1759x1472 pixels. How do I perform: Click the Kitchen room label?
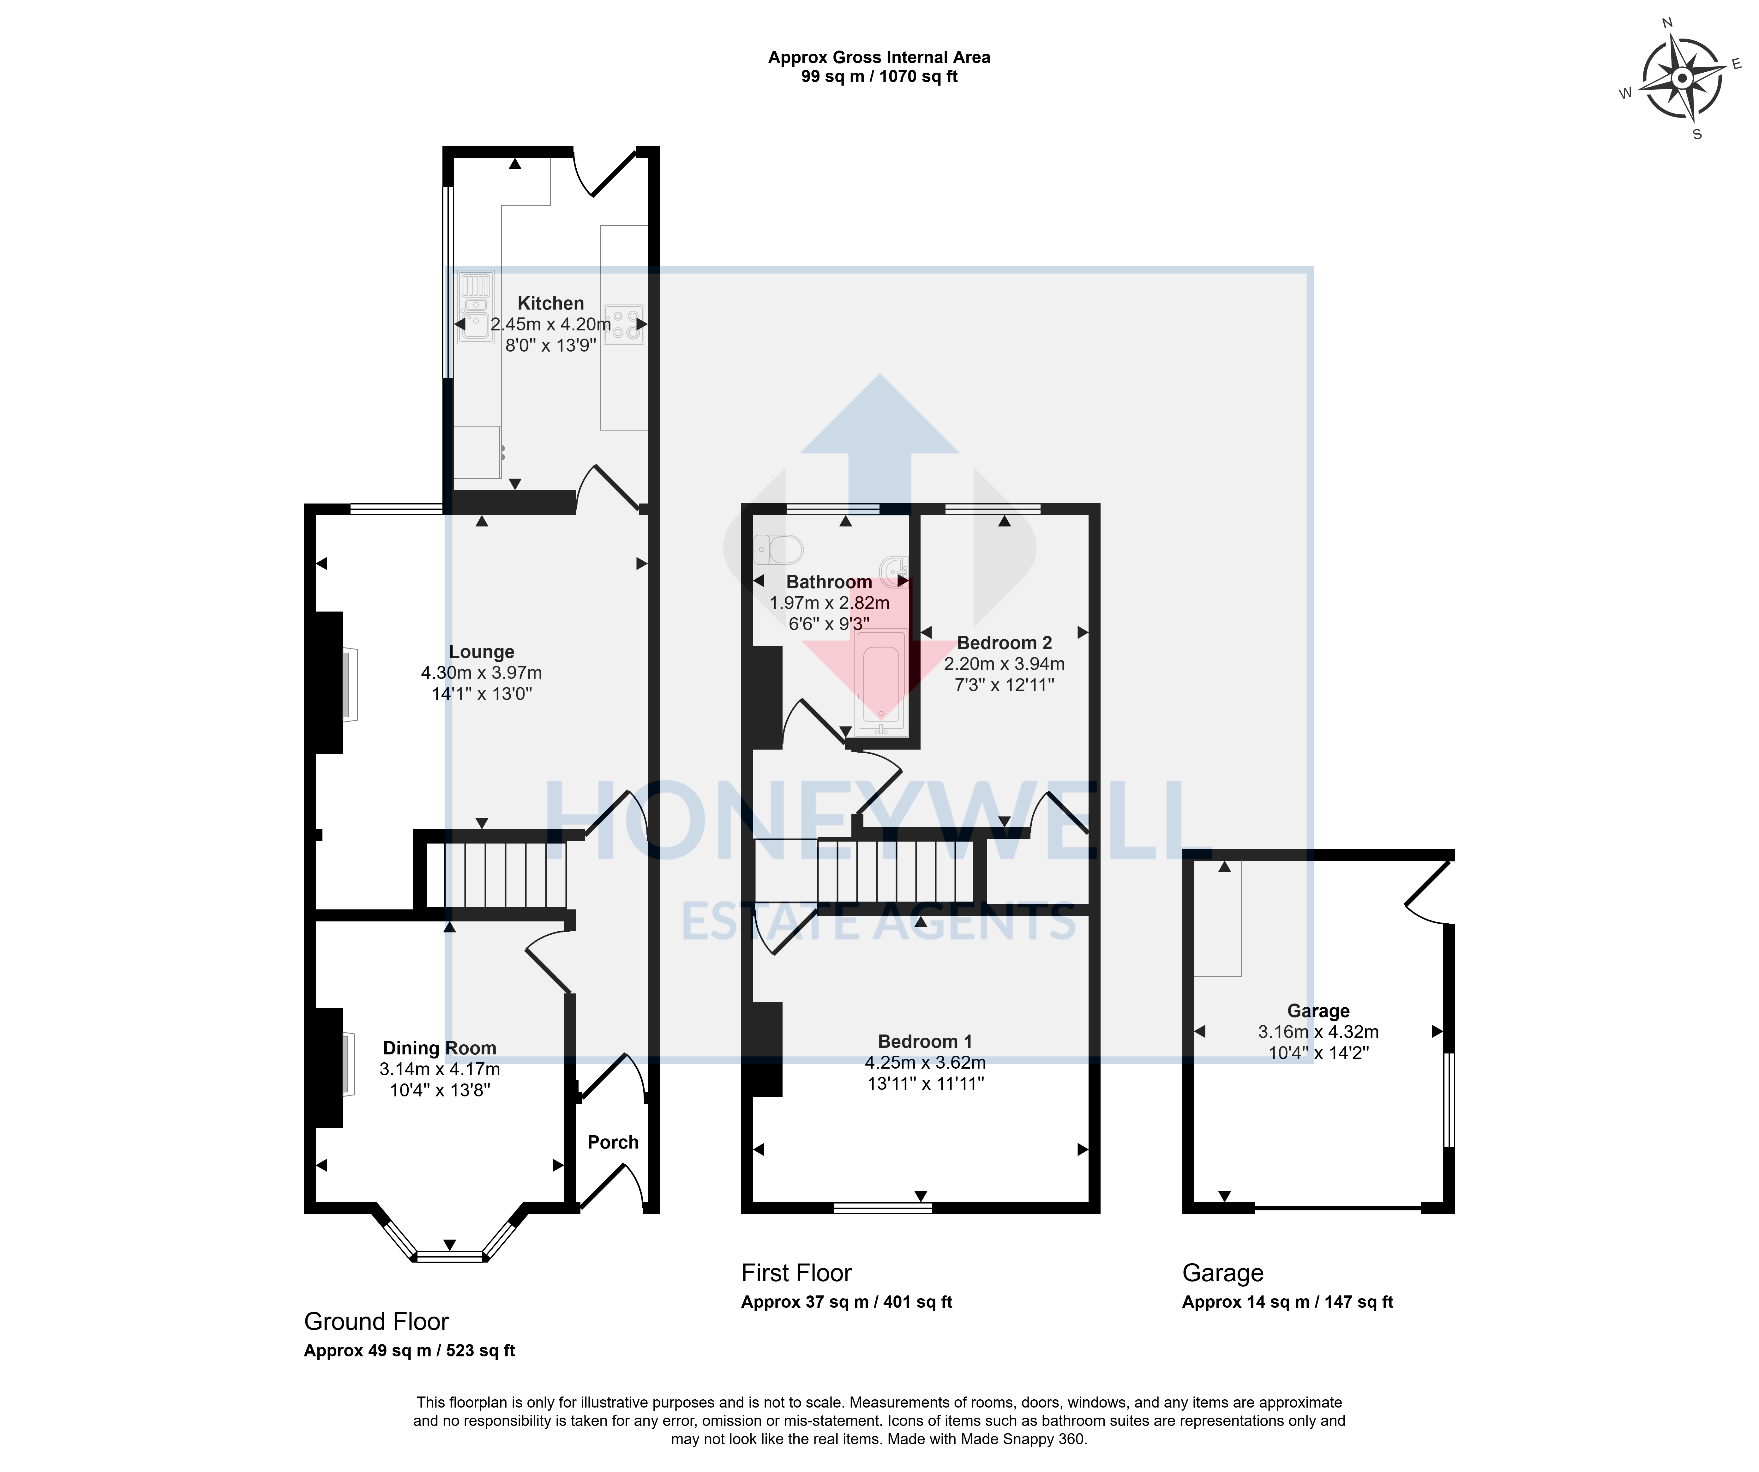550,303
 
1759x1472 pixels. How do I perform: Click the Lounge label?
482,652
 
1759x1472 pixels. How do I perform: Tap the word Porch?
613,1142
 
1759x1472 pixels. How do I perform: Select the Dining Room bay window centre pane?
451,1256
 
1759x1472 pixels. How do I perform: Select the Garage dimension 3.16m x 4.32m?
1318,1032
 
